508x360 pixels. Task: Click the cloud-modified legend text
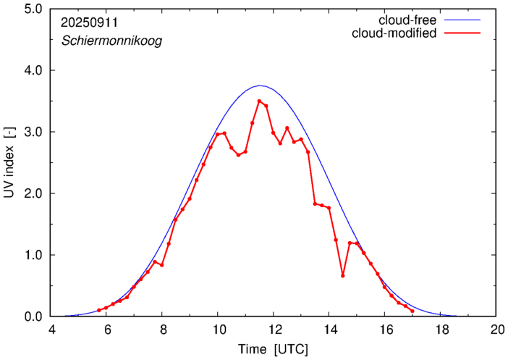[393, 33]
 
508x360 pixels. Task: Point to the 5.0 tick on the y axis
[32, 9]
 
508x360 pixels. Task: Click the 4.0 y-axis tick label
[32, 70]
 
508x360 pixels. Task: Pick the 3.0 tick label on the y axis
[32, 132]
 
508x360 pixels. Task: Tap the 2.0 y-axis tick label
[32, 193]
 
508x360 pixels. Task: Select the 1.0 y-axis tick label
[32, 255]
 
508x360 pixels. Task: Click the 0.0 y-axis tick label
[32, 317]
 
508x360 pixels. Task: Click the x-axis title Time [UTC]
[273, 349]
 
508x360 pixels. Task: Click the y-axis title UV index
[9, 163]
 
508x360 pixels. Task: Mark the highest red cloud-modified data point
[259, 101]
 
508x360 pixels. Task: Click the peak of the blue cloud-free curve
[260, 85]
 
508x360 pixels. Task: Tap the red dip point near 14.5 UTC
[343, 275]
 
